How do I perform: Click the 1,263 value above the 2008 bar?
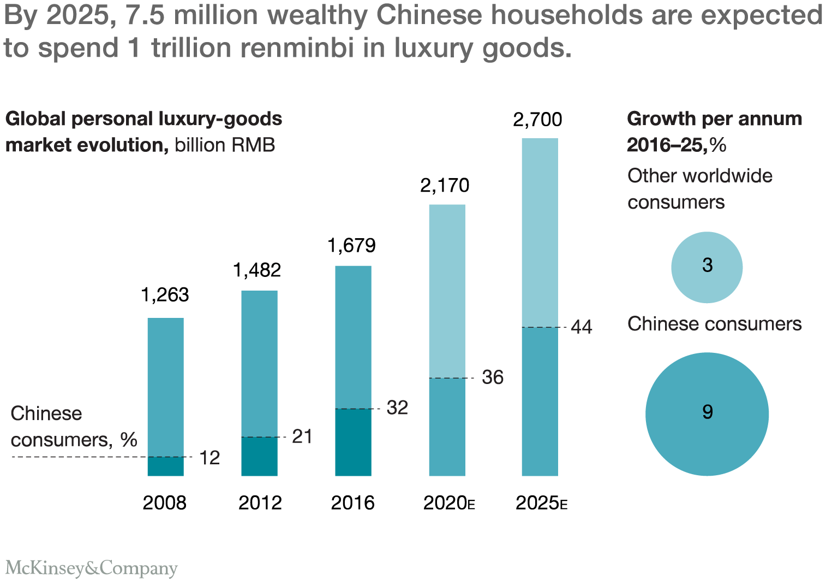point(165,295)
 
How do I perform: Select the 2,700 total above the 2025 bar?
point(537,119)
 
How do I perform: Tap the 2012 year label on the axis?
point(260,503)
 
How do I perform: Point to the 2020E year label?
point(448,503)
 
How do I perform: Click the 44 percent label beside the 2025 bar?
point(582,327)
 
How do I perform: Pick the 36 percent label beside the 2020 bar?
point(493,377)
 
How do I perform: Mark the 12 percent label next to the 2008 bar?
point(209,458)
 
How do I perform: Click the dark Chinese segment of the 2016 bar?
point(353,442)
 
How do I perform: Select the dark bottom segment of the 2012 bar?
point(260,456)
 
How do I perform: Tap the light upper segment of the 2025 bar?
point(540,232)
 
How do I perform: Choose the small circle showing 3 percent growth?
point(707,267)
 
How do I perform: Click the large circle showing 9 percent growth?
point(707,414)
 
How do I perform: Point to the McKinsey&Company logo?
point(92,568)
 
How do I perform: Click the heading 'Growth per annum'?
point(714,119)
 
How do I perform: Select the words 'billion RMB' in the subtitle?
point(225,145)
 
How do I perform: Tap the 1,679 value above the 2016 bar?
point(352,246)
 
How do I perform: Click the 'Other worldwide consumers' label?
point(699,189)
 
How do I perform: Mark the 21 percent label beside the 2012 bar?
point(302,436)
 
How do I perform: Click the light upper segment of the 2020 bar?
point(447,291)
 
